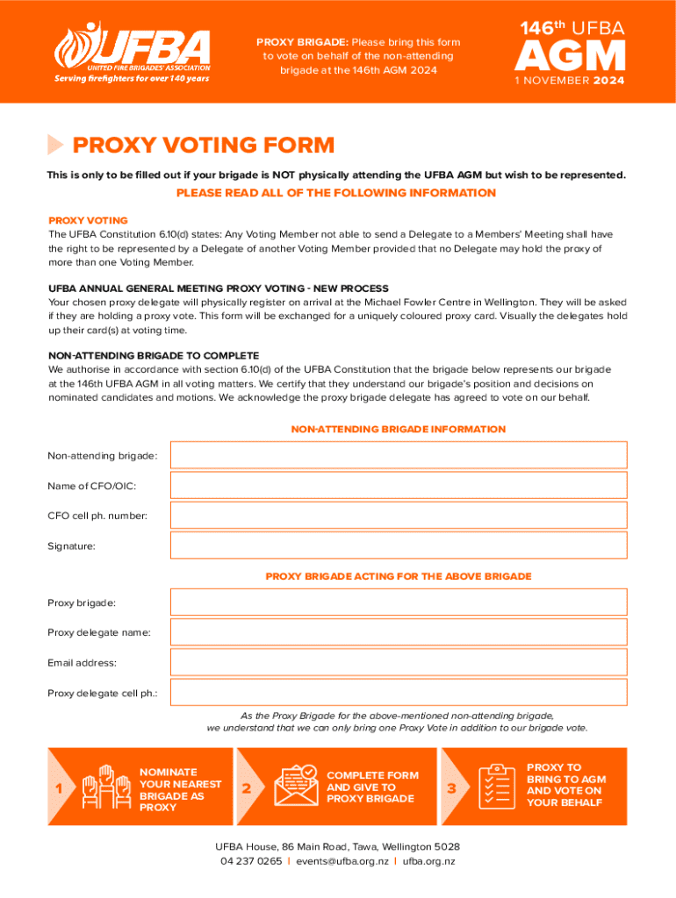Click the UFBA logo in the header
(x=133, y=52)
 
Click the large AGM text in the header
(x=570, y=57)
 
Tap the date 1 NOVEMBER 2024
(x=570, y=81)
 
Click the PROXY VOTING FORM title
(x=203, y=145)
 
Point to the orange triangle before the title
(x=55, y=145)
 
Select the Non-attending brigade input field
(x=399, y=455)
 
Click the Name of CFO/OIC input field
(x=399, y=485)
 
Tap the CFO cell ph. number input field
(x=399, y=516)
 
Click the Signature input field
(x=399, y=545)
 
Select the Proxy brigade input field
(x=399, y=602)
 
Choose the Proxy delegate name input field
(x=399, y=632)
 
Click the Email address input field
(x=399, y=662)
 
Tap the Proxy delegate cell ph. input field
(x=399, y=693)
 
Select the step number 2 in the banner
(x=247, y=788)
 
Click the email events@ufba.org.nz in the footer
(x=342, y=861)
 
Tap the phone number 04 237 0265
(x=251, y=861)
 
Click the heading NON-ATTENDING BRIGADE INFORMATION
(x=398, y=430)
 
